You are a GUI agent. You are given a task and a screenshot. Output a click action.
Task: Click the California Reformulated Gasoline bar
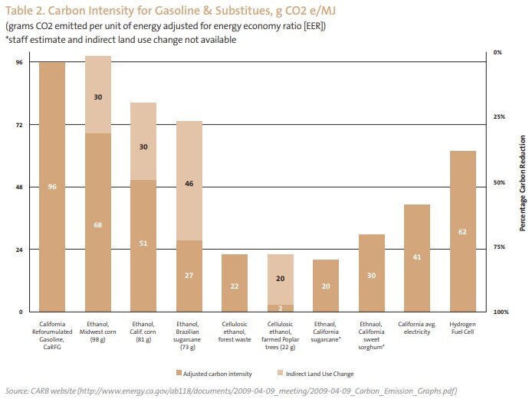[52, 187]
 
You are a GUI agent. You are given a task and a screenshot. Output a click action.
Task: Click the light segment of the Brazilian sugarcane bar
[189, 181]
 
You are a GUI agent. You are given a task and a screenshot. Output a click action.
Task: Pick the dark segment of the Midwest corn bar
[98, 222]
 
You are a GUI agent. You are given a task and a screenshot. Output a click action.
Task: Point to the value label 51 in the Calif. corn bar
[143, 244]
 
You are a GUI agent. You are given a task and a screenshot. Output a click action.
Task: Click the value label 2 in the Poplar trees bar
[281, 308]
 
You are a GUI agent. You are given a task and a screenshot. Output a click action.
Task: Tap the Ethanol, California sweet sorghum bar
[371, 273]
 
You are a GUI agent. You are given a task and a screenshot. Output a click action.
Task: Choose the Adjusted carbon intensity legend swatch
[179, 372]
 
